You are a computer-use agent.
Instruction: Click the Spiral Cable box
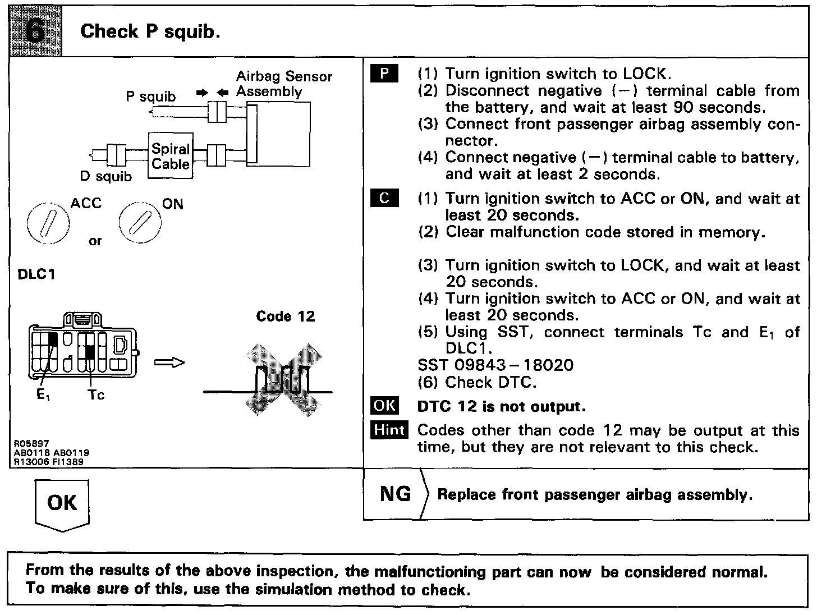coord(171,156)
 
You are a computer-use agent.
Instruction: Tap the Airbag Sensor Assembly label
coord(283,84)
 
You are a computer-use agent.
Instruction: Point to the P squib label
coord(150,97)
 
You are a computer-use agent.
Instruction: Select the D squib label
coord(105,177)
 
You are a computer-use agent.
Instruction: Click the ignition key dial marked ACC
coord(48,223)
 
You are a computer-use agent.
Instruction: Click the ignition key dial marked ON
coord(140,223)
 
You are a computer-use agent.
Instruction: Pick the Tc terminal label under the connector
coord(96,395)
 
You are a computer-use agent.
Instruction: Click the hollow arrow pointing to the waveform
coord(169,363)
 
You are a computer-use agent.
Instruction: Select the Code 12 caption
coord(285,316)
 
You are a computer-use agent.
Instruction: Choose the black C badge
coord(384,199)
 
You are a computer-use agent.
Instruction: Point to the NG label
coord(395,494)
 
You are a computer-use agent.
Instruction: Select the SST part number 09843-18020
coord(495,365)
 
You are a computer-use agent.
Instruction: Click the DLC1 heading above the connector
coord(36,275)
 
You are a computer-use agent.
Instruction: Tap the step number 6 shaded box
coord(35,31)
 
